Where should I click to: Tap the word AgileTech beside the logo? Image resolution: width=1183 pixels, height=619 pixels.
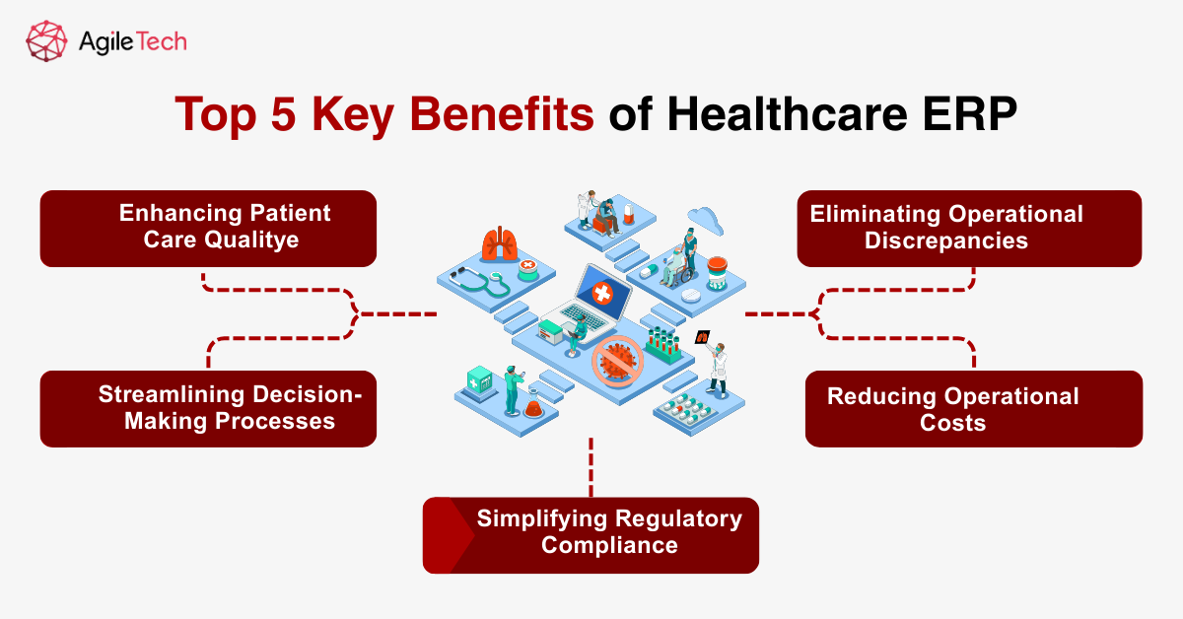pyautogui.click(x=130, y=42)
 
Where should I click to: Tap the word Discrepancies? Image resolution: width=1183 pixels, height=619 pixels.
pyautogui.click(x=945, y=240)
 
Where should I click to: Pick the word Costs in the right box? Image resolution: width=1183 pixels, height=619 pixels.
pyautogui.click(x=952, y=423)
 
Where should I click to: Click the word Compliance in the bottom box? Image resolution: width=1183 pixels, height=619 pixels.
pyautogui.click(x=609, y=545)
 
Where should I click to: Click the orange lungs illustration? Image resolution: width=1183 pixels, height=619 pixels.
pyautogui.click(x=499, y=244)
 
